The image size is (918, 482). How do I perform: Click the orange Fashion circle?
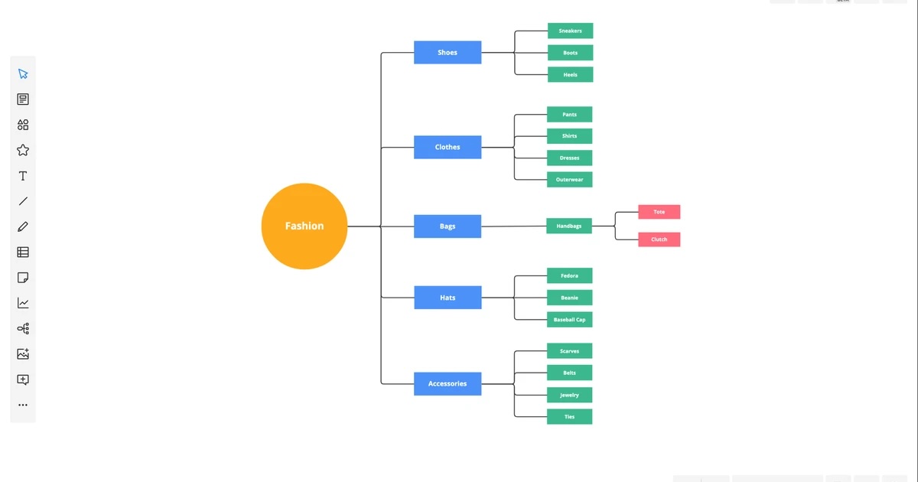pyautogui.click(x=304, y=226)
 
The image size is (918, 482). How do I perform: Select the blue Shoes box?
pyautogui.click(x=448, y=52)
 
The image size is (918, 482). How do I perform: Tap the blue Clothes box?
pyautogui.click(x=448, y=147)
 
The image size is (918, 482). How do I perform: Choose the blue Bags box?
pyautogui.click(x=448, y=226)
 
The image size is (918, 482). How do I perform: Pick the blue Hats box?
pyautogui.click(x=448, y=298)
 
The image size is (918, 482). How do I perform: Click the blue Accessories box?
pyautogui.click(x=448, y=383)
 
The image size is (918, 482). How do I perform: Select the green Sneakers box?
pyautogui.click(x=570, y=31)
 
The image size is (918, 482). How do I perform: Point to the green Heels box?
pyautogui.click(x=570, y=74)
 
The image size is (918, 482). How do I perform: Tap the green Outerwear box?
pyautogui.click(x=569, y=180)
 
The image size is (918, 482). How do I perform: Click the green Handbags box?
pyautogui.click(x=568, y=226)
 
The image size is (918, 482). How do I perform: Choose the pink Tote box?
pyautogui.click(x=659, y=212)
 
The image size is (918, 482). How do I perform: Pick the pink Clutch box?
pyautogui.click(x=659, y=239)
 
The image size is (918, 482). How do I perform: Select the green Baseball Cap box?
pyautogui.click(x=569, y=319)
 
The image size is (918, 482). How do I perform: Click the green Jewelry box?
pyautogui.click(x=569, y=395)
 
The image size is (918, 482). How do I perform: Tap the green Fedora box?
pyautogui.click(x=569, y=275)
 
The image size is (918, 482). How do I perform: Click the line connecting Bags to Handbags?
pyautogui.click(x=513, y=226)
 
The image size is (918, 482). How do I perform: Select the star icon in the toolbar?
pyautogui.click(x=23, y=150)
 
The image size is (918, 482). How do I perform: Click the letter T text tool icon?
pyautogui.click(x=23, y=176)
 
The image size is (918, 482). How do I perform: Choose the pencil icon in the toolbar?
pyautogui.click(x=23, y=226)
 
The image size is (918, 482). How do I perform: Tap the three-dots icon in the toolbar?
pyautogui.click(x=23, y=405)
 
